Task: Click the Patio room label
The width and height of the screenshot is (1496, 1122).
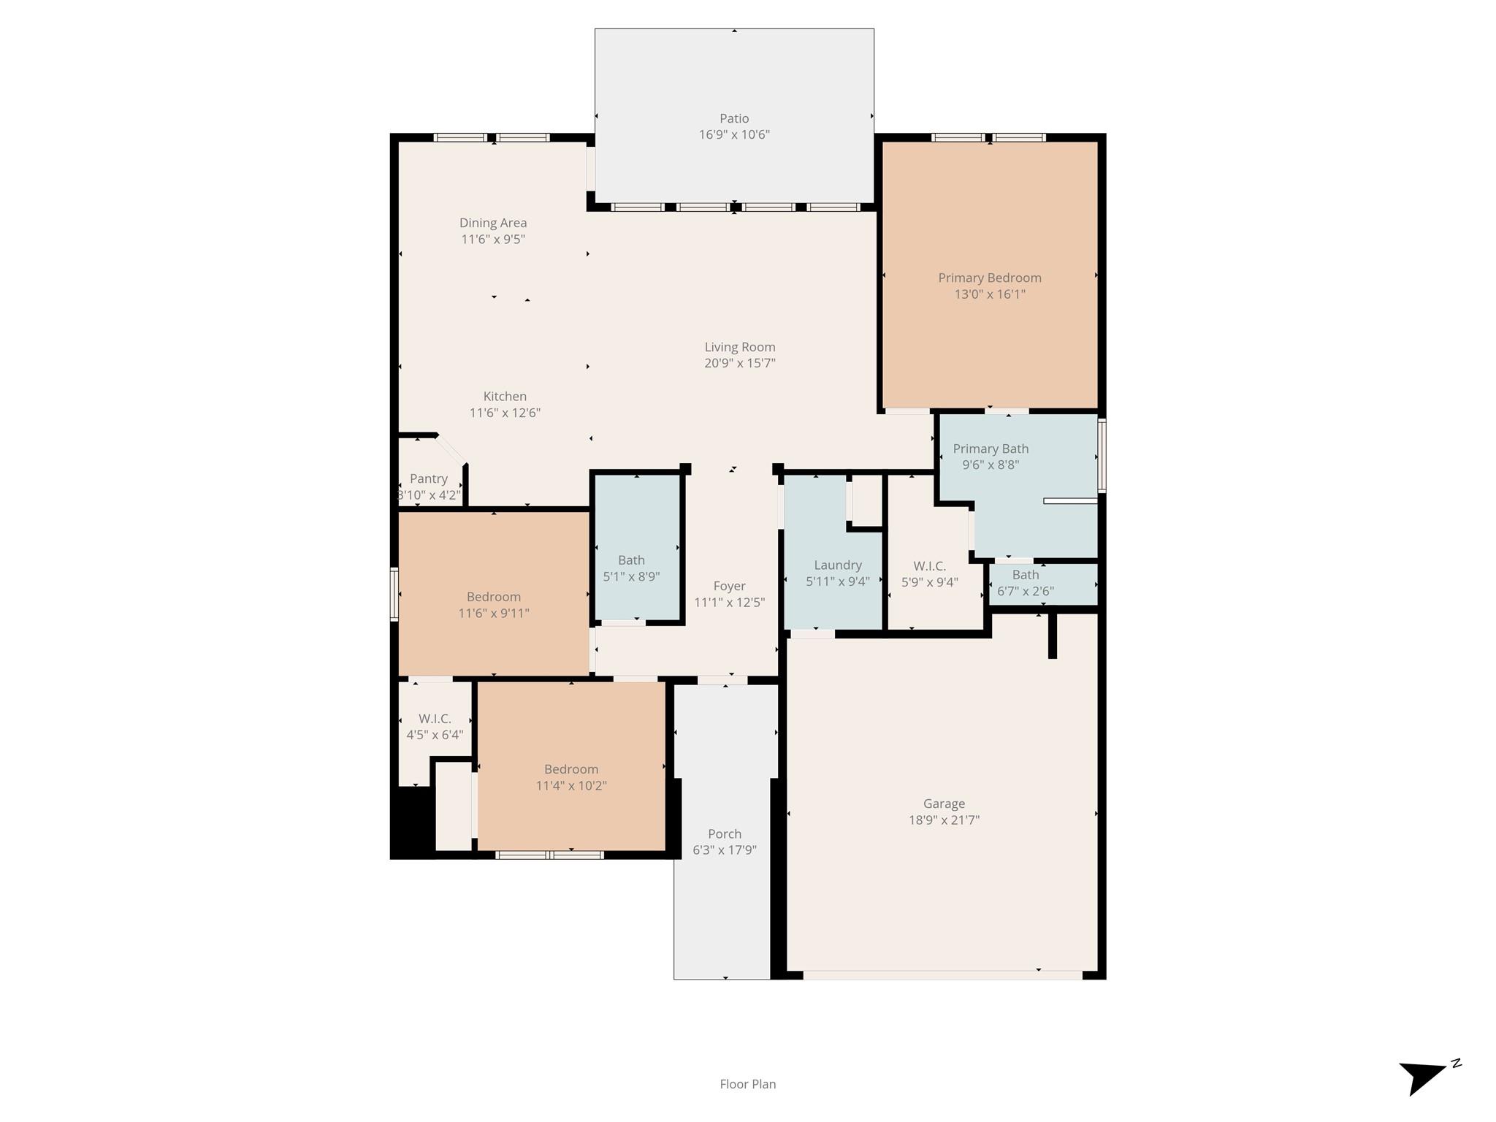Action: [x=734, y=118]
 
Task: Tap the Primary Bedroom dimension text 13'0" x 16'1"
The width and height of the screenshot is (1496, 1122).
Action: [x=989, y=294]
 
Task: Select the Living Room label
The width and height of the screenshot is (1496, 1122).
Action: [x=739, y=347]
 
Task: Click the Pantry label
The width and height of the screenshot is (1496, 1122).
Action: [x=429, y=478]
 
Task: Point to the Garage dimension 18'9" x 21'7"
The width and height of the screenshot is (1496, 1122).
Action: [x=944, y=820]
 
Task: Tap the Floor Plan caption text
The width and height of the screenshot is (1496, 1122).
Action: [x=747, y=1084]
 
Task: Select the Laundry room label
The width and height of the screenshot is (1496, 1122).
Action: [x=838, y=565]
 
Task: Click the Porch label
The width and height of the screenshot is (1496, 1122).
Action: [x=724, y=833]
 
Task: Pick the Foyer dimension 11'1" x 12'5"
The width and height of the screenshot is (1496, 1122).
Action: [x=729, y=603]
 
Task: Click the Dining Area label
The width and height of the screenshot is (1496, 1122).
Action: [x=493, y=223]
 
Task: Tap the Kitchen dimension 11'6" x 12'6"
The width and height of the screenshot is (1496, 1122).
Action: [x=505, y=413]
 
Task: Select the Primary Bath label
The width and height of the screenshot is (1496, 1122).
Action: [x=991, y=449]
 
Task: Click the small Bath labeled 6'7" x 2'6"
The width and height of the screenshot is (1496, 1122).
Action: [x=1026, y=583]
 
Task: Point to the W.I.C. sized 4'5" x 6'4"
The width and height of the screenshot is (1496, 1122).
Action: [x=435, y=727]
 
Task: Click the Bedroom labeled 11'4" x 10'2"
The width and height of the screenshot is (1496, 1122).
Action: [x=570, y=777]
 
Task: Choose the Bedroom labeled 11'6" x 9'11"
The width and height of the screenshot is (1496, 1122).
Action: [x=494, y=605]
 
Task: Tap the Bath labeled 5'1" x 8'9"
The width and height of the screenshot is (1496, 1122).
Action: [x=631, y=568]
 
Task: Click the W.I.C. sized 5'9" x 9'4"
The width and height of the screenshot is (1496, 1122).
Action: [x=929, y=574]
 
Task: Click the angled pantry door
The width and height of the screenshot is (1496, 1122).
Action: [x=451, y=449]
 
